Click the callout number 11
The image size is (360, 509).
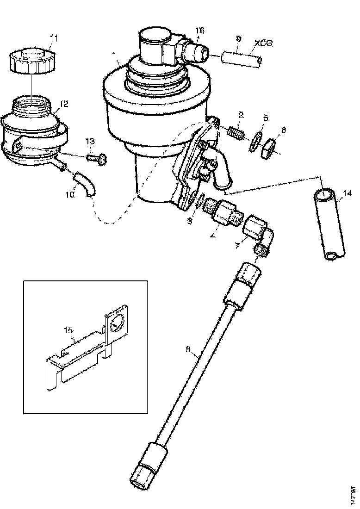coord(54,38)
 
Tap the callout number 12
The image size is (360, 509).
coord(64,104)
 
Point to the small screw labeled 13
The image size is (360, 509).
coord(98,158)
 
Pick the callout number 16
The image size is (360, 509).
coord(199,30)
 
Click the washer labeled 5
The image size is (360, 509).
coord(255,142)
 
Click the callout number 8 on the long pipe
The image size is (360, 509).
coord(188,351)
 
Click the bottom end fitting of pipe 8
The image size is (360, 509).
coord(143,472)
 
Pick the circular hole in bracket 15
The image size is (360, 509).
coord(118,322)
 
